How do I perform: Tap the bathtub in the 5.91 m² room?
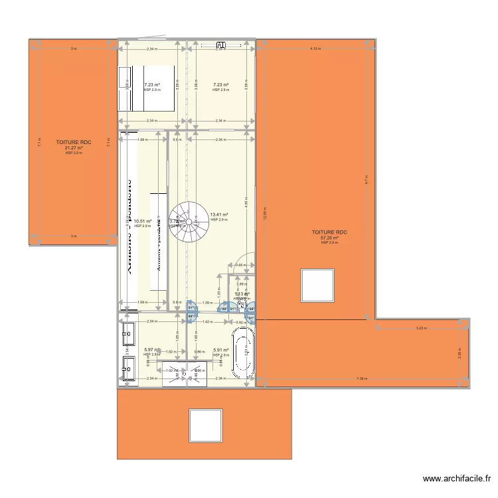tap(242, 351)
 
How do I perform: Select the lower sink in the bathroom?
tap(127, 365)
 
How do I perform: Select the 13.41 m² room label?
tap(219, 215)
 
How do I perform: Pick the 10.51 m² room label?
tap(143, 222)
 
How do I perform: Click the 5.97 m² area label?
tap(151, 350)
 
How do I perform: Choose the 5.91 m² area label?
tap(221, 350)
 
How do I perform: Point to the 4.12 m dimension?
tap(315, 48)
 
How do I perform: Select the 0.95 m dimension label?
tap(241, 265)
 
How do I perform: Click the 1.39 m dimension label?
tap(207, 303)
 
